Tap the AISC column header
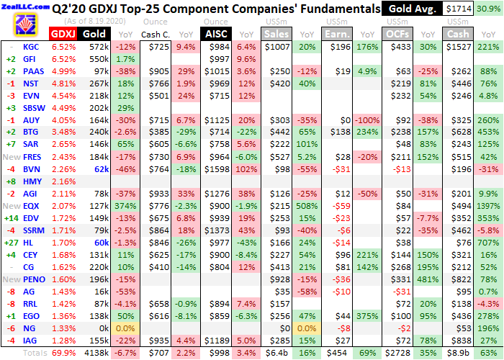point(215,34)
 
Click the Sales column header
point(277,34)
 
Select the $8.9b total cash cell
point(459,353)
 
